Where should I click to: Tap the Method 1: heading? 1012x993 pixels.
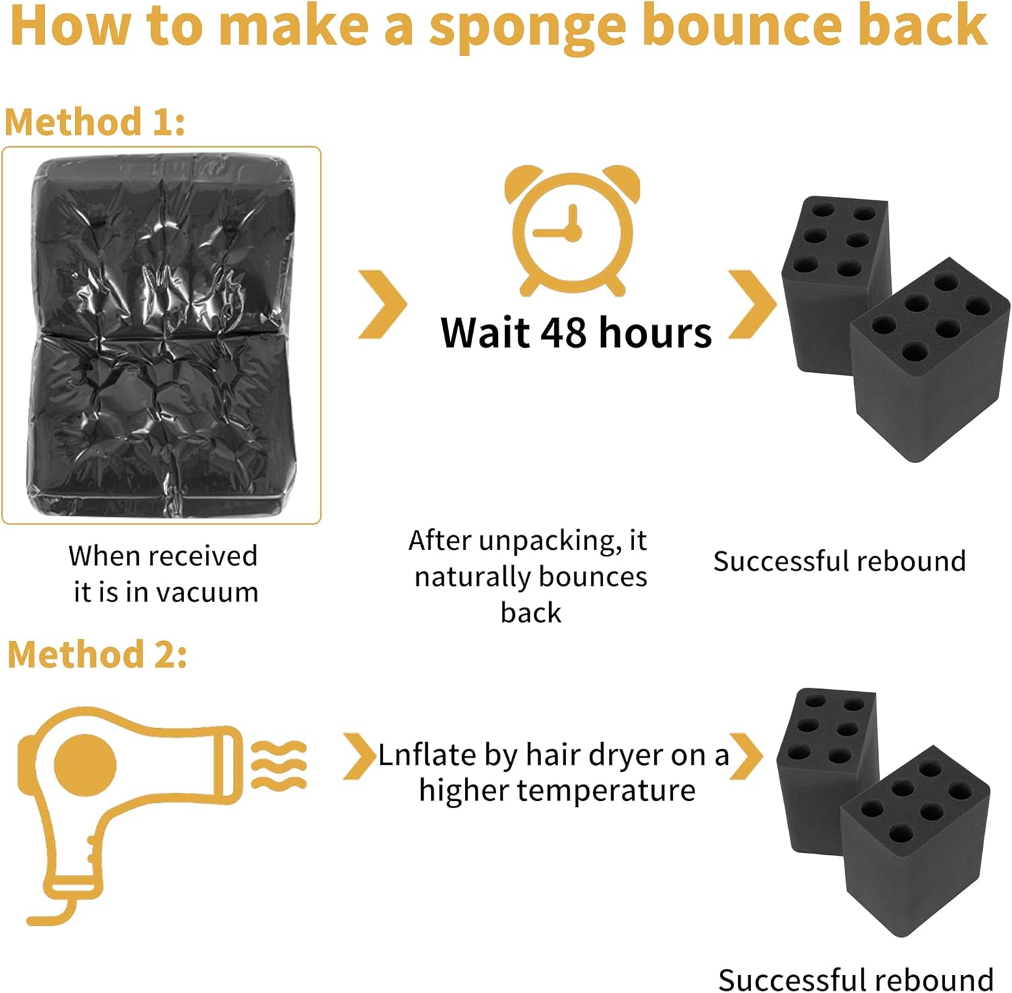(x=94, y=123)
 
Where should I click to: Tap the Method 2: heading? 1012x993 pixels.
(x=97, y=655)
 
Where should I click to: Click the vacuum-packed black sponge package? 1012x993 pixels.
(x=161, y=335)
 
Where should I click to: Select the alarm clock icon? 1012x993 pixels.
(x=573, y=231)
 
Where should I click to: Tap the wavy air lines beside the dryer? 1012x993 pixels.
(x=279, y=764)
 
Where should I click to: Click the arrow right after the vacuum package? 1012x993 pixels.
(x=383, y=304)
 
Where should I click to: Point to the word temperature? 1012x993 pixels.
(x=605, y=790)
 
